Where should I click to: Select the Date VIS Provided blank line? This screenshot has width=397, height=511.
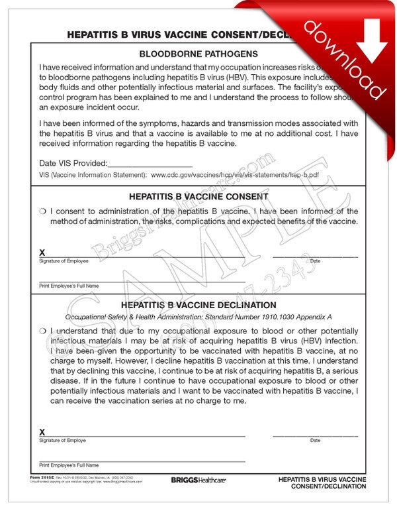150,163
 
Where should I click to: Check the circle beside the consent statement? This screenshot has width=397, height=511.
42,212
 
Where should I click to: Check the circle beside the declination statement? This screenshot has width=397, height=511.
42,331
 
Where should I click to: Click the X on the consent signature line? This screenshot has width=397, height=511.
42,253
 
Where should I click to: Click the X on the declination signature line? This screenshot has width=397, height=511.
42,432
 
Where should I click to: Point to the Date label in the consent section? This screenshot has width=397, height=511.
315,261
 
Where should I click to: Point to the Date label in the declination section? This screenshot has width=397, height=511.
315,441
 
